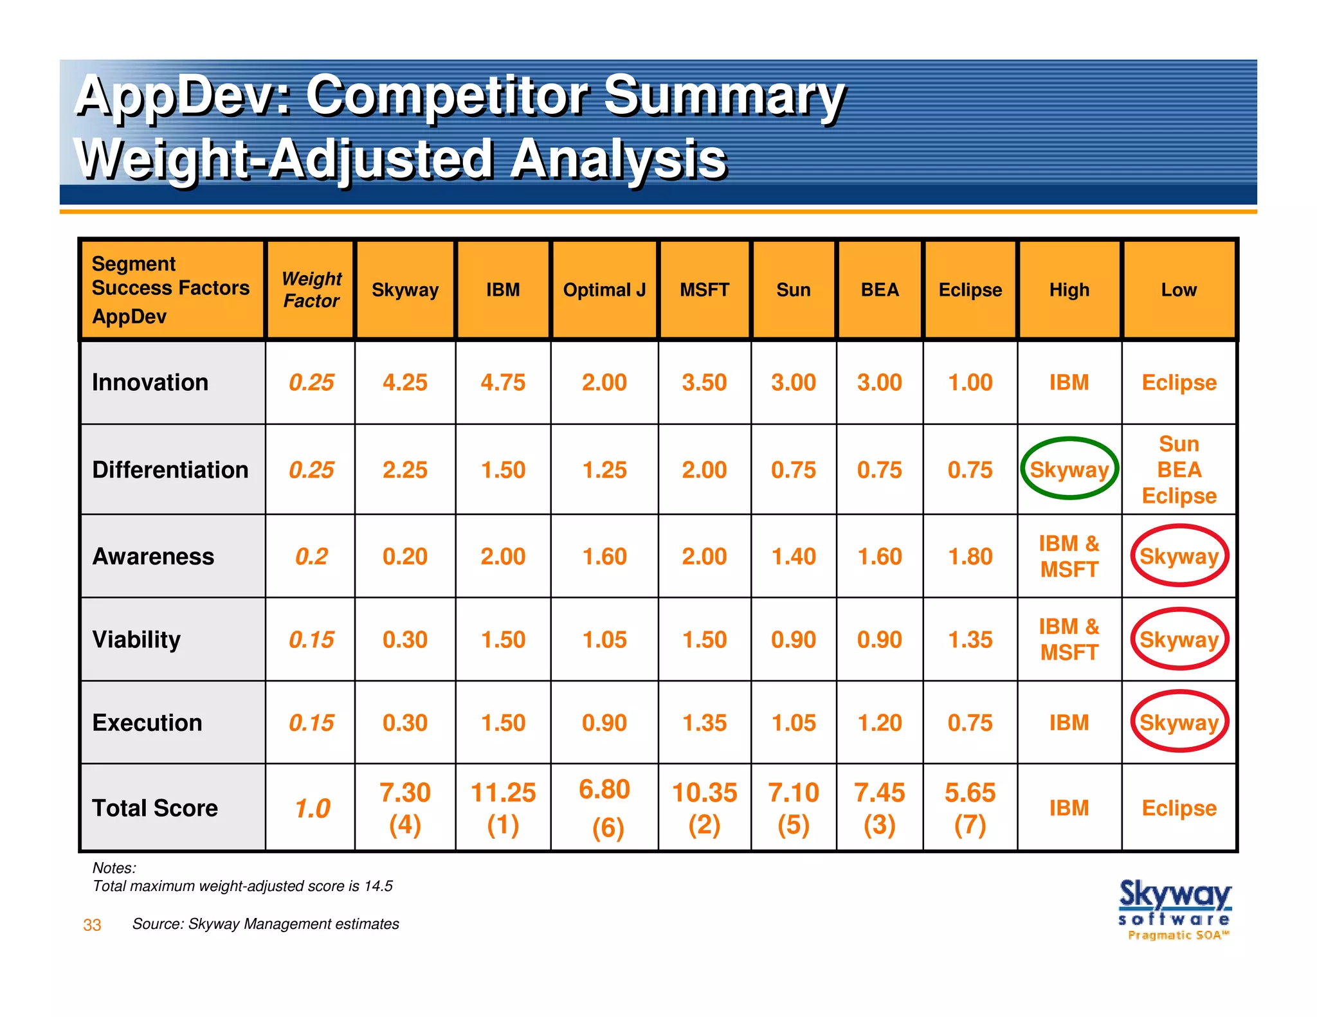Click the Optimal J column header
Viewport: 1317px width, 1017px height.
tap(604, 290)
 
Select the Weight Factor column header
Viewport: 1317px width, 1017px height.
tap(311, 290)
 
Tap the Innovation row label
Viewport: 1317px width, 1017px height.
tap(150, 382)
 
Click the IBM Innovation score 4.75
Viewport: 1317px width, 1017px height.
tap(503, 382)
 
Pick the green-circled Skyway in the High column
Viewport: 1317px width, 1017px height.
tap(1069, 469)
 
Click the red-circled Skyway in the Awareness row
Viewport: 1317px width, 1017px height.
tap(1179, 556)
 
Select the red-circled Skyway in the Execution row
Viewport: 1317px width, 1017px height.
tap(1179, 723)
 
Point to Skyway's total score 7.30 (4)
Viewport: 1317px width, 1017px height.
tap(404, 808)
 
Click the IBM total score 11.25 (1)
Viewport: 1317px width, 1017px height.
tap(503, 808)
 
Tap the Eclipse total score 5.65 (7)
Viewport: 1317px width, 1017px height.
tap(970, 808)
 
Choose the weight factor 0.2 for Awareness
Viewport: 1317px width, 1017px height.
tap(311, 556)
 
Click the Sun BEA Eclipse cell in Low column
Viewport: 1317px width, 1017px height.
tap(1179, 469)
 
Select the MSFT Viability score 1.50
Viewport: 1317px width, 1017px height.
tap(704, 640)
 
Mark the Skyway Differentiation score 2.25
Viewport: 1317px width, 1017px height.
tap(404, 469)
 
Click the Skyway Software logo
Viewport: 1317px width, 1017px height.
tap(1175, 909)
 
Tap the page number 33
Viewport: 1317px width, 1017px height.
tap(92, 925)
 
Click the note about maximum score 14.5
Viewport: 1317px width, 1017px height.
tap(242, 886)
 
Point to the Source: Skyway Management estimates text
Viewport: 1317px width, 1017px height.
tap(265, 924)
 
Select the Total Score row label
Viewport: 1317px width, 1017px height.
tap(155, 808)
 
